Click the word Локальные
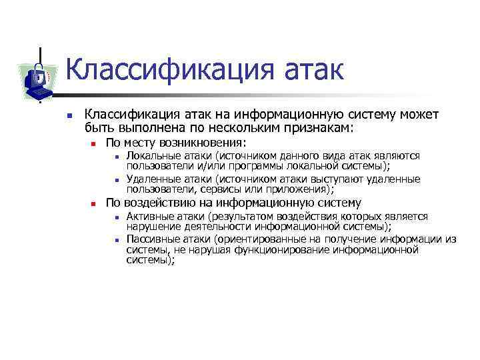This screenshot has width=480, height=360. [151, 155]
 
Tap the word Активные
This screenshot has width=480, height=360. [149, 216]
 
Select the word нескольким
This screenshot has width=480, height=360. [219, 127]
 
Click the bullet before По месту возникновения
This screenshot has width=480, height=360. [95, 144]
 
